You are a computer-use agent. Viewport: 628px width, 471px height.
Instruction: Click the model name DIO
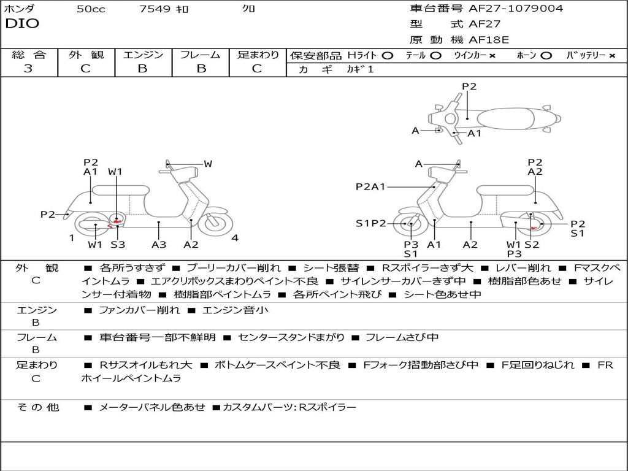pyautogui.click(x=22, y=24)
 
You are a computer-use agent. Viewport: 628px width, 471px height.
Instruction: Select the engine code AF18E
pyautogui.click(x=489, y=40)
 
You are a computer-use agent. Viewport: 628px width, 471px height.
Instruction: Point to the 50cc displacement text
pyautogui.click(x=91, y=9)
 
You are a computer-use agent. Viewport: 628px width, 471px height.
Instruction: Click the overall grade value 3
pyautogui.click(x=28, y=69)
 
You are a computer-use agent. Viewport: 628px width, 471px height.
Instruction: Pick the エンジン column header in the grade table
pyautogui.click(x=143, y=55)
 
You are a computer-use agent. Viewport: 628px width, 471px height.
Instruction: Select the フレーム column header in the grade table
pyautogui.click(x=200, y=55)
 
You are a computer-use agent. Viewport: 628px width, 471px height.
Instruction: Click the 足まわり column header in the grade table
pyautogui.click(x=258, y=55)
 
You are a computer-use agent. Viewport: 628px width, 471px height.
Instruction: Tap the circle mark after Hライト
pyautogui.click(x=387, y=55)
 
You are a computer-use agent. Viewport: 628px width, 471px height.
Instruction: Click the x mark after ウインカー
pyautogui.click(x=492, y=55)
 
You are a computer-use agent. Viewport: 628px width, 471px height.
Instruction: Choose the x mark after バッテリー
pyautogui.click(x=611, y=55)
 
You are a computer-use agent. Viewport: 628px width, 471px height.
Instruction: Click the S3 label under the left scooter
pyautogui.click(x=118, y=245)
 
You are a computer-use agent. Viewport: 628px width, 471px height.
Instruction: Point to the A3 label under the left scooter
pyautogui.click(x=159, y=245)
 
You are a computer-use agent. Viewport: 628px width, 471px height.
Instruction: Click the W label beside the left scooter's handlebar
pyautogui.click(x=208, y=164)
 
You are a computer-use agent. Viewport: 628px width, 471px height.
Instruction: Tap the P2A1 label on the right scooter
pyautogui.click(x=370, y=187)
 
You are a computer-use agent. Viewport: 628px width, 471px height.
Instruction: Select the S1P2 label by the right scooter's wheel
pyautogui.click(x=370, y=223)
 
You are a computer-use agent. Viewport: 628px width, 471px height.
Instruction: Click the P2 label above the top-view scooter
pyautogui.click(x=469, y=86)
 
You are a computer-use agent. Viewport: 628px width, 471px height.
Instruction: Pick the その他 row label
pyautogui.click(x=37, y=407)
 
